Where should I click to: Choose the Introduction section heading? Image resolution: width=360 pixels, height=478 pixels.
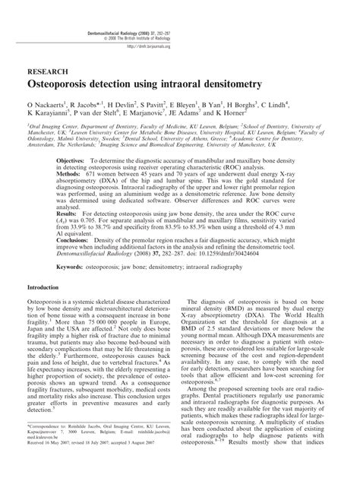48,331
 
